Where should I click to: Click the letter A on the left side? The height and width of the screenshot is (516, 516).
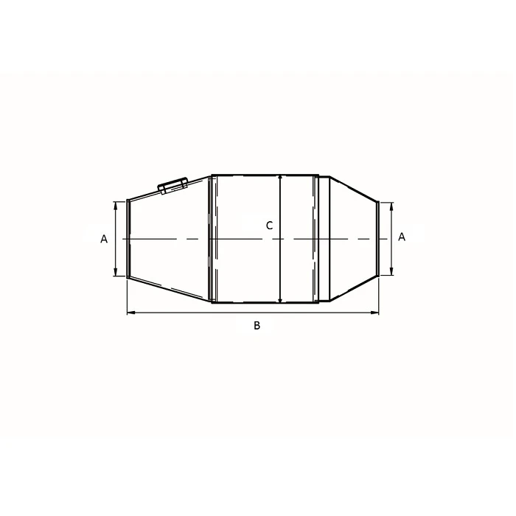[x=104, y=239]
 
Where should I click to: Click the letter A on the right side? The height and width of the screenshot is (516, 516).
[x=401, y=237]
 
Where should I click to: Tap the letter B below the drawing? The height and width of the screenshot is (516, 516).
[x=257, y=325]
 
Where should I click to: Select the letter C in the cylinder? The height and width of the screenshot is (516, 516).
[x=269, y=226]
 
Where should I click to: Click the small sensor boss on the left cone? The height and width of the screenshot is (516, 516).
[x=172, y=185]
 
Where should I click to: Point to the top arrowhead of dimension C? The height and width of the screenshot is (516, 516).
[x=281, y=178]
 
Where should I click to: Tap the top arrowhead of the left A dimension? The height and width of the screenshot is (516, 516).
[x=116, y=204]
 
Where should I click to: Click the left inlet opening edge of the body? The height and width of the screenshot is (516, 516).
[x=128, y=238]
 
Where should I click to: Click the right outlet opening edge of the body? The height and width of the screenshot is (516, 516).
[x=379, y=238]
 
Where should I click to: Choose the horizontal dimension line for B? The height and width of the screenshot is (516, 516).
[x=221, y=313]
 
